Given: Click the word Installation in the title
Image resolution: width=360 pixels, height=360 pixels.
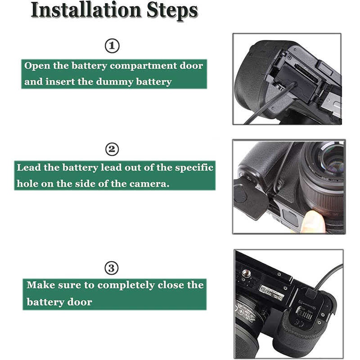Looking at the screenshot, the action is [x=86, y=10].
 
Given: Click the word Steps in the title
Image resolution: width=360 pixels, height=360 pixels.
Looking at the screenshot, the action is [x=172, y=11].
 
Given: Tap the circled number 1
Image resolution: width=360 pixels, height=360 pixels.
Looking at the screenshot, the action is [x=112, y=46].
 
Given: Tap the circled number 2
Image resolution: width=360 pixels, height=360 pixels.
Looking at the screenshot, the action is [x=112, y=149].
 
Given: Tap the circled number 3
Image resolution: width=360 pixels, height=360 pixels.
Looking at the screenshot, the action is [x=112, y=268].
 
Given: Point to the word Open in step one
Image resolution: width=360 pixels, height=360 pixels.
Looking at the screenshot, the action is [x=37, y=66].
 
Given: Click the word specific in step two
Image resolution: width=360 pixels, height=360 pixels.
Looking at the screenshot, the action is [x=194, y=168].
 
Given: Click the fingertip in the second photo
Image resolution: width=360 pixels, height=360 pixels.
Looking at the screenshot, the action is [x=313, y=221].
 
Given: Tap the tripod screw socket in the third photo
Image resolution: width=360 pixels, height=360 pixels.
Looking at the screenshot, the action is [x=246, y=273].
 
